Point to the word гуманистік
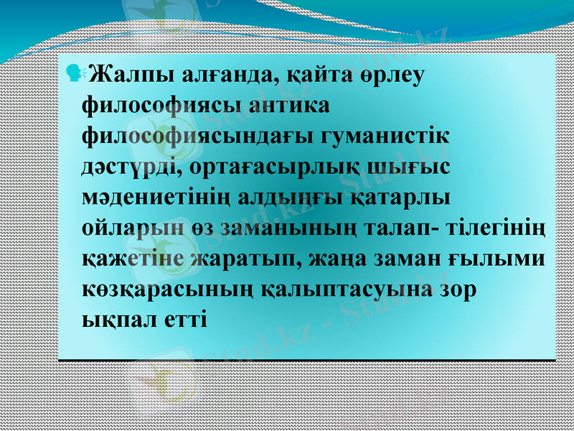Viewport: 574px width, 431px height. [380, 136]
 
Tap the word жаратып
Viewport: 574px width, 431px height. [243, 259]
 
